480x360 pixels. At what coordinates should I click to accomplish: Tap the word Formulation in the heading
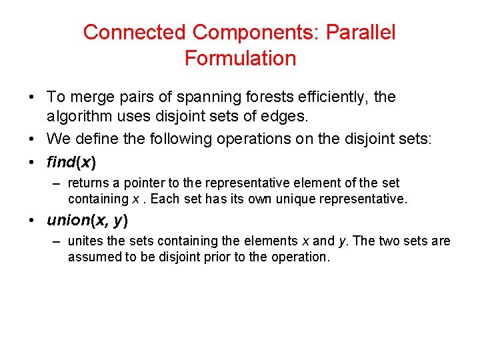click(240, 59)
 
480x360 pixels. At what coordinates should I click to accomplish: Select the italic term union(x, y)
click(87, 221)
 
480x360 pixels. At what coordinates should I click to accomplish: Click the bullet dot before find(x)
click(32, 162)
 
